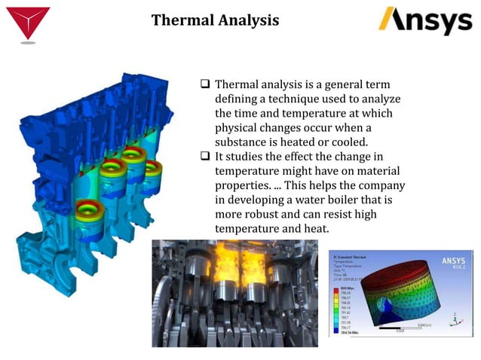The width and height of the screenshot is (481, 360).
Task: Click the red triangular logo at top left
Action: click(28, 22)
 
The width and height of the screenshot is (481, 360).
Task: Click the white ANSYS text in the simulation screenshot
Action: click(455, 261)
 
